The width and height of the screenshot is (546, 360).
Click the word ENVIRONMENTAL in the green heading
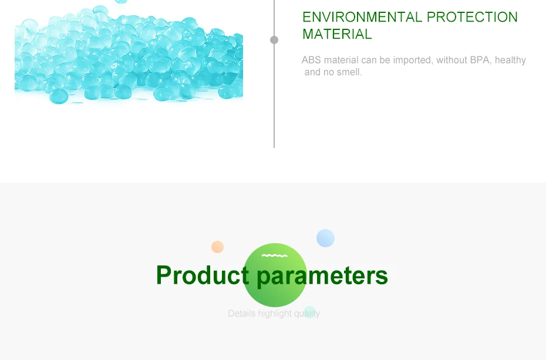click(x=362, y=17)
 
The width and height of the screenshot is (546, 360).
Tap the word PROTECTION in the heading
click(x=472, y=17)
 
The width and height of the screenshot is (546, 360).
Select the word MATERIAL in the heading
click(x=337, y=34)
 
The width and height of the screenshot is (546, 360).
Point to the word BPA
click(x=480, y=60)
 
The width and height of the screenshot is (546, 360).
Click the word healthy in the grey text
click(x=510, y=60)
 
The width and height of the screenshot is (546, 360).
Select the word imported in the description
click(x=412, y=60)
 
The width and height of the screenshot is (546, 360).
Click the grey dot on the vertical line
click(x=274, y=40)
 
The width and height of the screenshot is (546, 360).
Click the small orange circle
click(x=217, y=247)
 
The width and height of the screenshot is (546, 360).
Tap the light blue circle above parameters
click(x=326, y=238)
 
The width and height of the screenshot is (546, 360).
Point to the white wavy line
click(x=274, y=255)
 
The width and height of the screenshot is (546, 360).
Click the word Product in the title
click(x=203, y=275)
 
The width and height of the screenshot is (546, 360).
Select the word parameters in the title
click(x=322, y=277)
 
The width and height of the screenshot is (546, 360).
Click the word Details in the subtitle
click(x=242, y=314)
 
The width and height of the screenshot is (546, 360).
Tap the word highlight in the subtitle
click(x=275, y=314)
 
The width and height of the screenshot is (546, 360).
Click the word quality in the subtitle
click(x=307, y=314)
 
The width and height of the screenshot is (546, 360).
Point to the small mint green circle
click(x=309, y=312)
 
